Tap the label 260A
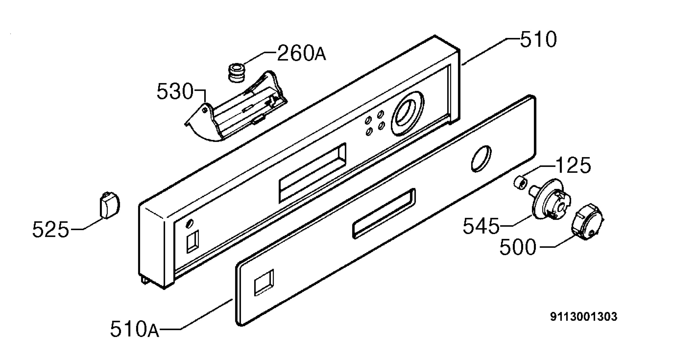point(302,53)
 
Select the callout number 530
point(175,91)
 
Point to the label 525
point(50,230)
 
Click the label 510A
point(135,329)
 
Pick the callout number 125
point(573,165)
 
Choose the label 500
point(518,247)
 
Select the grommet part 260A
point(236,73)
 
